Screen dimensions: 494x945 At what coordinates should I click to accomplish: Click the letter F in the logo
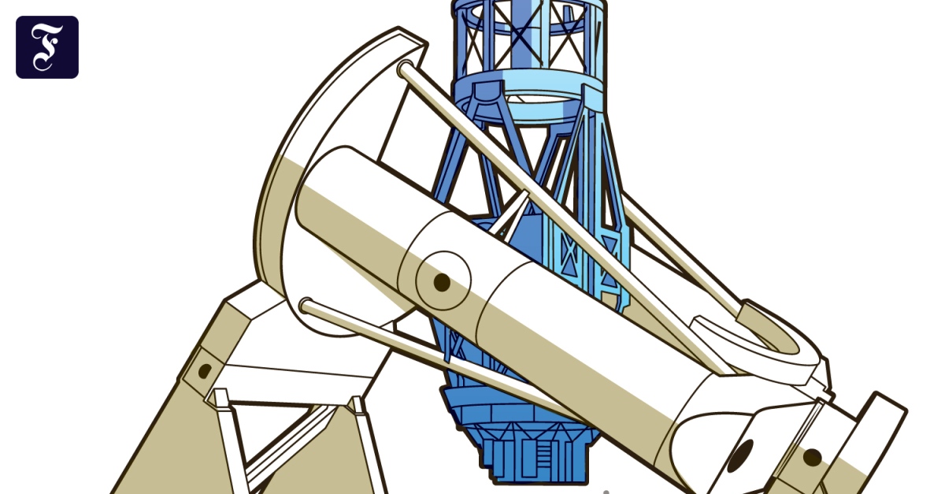pos(46,46)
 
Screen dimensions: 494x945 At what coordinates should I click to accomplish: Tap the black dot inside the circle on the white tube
pos(442,282)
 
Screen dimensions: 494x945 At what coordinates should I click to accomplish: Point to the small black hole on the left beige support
pos(205,370)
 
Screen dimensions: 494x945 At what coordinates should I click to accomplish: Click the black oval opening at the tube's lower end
pos(740,455)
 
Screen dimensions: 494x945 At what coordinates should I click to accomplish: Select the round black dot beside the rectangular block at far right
pos(812,458)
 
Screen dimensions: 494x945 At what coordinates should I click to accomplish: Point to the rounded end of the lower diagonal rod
pos(306,306)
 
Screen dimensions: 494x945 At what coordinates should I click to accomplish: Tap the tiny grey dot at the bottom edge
pos(606,492)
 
